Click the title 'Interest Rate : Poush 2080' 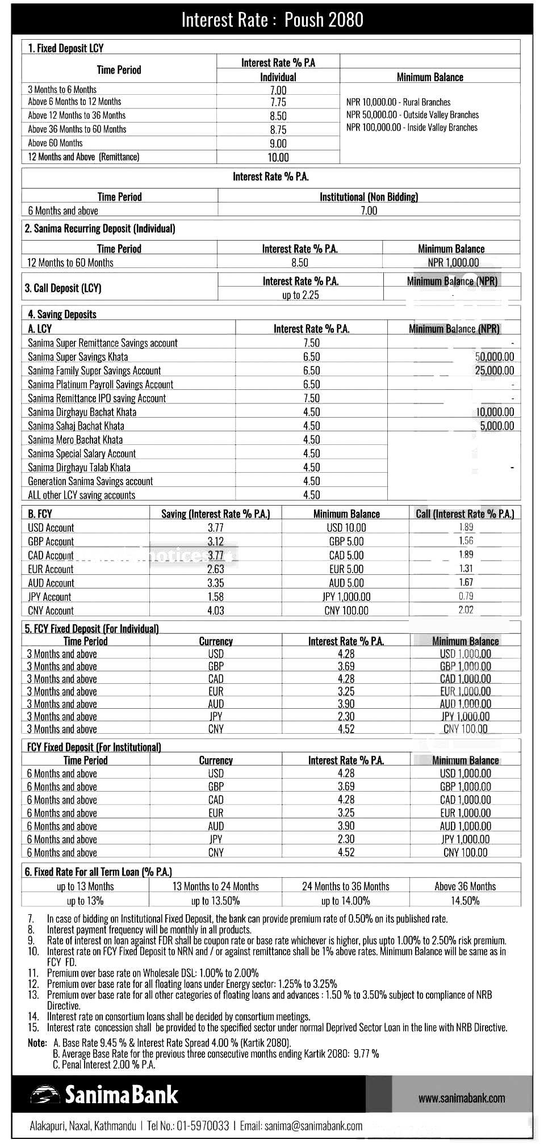click(x=272, y=20)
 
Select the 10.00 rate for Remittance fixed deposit click(x=278, y=157)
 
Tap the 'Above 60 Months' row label click(x=55, y=143)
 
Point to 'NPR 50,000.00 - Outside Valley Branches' click(x=412, y=115)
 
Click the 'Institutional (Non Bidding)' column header click(x=369, y=197)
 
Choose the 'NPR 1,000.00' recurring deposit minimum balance click(x=453, y=262)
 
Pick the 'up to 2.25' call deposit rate click(x=300, y=295)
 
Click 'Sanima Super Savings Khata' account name click(x=78, y=357)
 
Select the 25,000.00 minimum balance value click(x=494, y=371)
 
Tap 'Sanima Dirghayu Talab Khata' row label click(x=79, y=468)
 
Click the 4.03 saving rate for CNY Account click(x=216, y=611)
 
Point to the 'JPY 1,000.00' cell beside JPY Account click(x=346, y=596)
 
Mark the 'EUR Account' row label click(x=51, y=569)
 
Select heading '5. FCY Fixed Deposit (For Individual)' click(x=91, y=628)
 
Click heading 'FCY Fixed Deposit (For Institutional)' click(x=94, y=747)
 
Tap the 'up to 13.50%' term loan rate click(x=215, y=901)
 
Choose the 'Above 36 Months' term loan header click(x=465, y=886)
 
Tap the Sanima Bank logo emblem click(x=45, y=1095)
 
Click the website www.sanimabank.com click(x=461, y=1098)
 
